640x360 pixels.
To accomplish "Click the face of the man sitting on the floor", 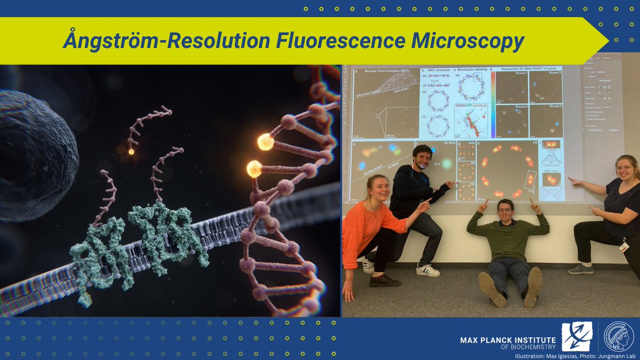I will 505,209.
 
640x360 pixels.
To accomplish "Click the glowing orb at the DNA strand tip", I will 265,142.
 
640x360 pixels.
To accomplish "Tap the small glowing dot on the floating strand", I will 131,151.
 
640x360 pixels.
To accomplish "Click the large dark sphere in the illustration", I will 32,155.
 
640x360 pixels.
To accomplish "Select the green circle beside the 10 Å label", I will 445,163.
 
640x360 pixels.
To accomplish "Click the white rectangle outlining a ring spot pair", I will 530,180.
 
